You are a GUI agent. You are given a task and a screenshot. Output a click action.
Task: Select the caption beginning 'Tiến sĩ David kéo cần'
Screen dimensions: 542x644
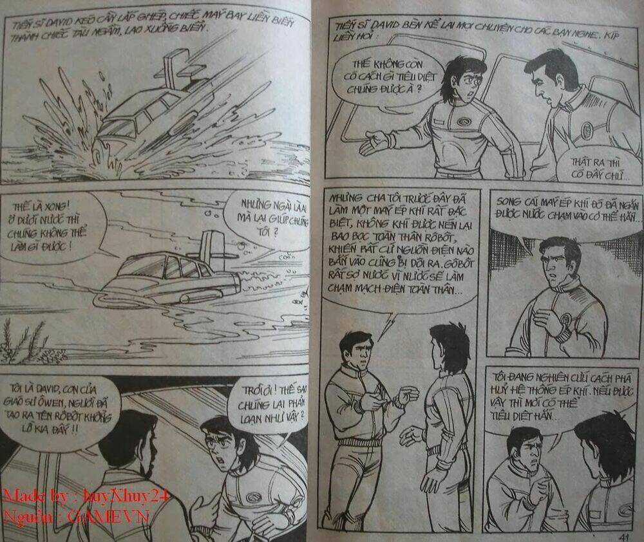[155, 29]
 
